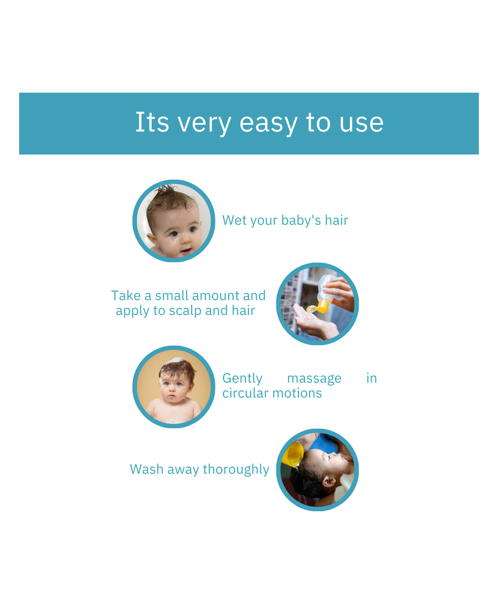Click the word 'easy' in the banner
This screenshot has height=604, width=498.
tap(268, 124)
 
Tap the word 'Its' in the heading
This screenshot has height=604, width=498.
tap(152, 122)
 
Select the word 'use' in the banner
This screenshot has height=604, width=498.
tap(361, 124)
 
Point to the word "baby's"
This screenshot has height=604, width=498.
tap(301, 221)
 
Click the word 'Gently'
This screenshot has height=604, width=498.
tap(242, 379)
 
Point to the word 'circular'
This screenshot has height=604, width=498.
tap(246, 393)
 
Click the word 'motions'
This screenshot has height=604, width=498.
tap(297, 394)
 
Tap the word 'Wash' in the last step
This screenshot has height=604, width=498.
tap(146, 469)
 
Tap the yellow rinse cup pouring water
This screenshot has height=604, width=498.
tap(292, 453)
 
